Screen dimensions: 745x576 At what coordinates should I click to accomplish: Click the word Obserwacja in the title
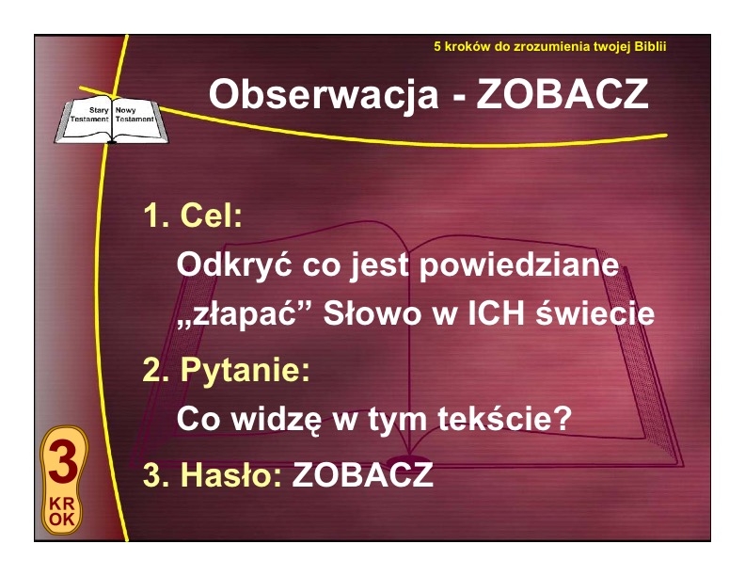point(324,94)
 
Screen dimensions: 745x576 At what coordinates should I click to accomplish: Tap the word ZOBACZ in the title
point(563,93)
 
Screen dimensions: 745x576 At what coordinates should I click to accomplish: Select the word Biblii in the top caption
point(651,46)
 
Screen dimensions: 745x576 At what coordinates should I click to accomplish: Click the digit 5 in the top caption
point(437,46)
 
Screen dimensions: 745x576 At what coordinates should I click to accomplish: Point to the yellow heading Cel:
point(212,215)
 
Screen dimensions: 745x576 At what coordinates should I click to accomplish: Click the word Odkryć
point(234,264)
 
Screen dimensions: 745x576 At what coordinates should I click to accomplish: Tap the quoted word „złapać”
point(245,314)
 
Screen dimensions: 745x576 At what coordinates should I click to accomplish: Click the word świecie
point(595,313)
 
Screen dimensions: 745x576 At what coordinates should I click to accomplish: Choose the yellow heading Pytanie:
point(246,370)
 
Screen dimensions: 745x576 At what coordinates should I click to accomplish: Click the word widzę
point(277,419)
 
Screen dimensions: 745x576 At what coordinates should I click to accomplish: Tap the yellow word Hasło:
point(231,474)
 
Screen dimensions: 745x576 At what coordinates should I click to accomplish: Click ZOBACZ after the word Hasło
point(362,474)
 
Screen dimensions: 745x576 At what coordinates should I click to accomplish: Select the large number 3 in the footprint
point(63,462)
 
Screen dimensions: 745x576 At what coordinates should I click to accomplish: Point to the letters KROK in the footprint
point(62,512)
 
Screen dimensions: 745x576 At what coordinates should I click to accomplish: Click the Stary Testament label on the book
point(89,115)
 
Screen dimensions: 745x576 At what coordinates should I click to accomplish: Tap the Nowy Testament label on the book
point(135,115)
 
